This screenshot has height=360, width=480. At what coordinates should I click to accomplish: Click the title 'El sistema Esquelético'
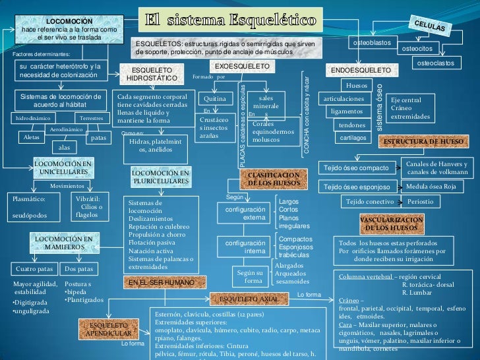pos(230,20)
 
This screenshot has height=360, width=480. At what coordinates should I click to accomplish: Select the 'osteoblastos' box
pos(372,43)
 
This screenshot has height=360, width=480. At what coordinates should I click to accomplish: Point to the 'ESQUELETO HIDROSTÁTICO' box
pos(152,74)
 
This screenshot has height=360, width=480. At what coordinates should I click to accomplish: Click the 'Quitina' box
pos(216,99)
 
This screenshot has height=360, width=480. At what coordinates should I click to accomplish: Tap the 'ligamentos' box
pos(346,111)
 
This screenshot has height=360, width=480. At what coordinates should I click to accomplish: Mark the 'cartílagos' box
pos(353,138)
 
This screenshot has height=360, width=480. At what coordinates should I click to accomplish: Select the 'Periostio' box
pos(421,201)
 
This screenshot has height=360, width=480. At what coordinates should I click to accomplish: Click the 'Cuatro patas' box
pos(34,269)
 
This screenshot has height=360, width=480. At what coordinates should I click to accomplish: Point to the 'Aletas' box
pos(31,137)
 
